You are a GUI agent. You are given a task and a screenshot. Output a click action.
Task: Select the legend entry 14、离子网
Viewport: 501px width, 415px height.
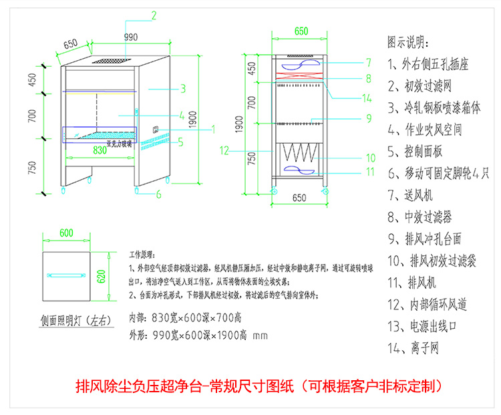[x=417, y=348]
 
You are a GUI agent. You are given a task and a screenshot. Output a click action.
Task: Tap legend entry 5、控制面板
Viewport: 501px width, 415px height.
[x=418, y=152]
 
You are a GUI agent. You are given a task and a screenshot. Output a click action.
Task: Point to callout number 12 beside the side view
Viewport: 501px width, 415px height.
[x=224, y=150]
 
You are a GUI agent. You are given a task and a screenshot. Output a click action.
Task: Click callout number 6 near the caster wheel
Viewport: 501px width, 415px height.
[x=159, y=194]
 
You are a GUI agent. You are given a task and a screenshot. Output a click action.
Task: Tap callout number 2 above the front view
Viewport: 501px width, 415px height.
[x=154, y=15]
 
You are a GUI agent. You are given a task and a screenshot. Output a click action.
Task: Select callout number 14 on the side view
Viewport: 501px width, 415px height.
[x=367, y=98]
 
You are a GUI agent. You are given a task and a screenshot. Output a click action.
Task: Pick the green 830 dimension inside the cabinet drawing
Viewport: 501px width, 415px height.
[x=99, y=151]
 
